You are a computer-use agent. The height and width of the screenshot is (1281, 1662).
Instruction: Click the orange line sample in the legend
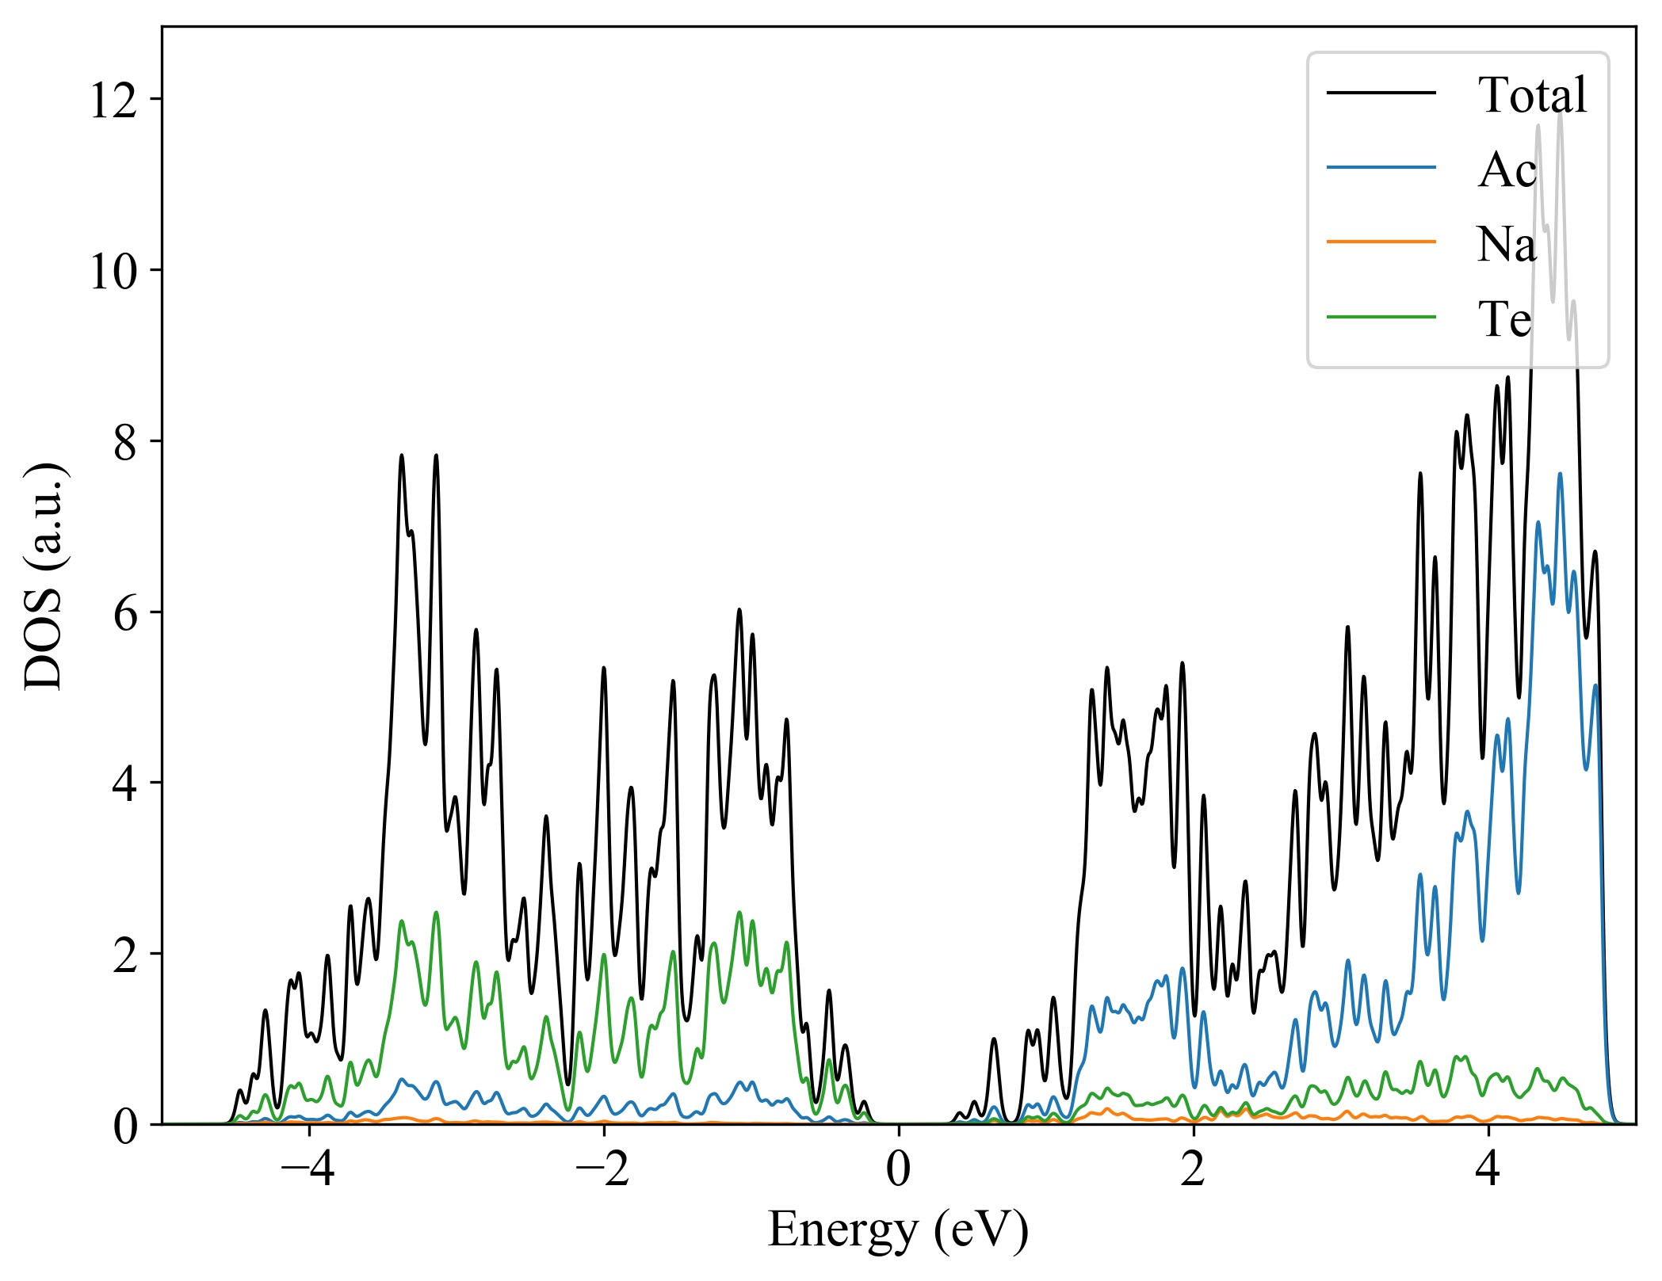click(1381, 241)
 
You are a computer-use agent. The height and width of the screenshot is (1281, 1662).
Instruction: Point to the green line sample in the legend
click(1381, 317)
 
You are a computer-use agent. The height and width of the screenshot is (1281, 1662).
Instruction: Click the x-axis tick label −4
click(308, 1169)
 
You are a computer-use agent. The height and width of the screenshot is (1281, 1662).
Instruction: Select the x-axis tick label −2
click(603, 1169)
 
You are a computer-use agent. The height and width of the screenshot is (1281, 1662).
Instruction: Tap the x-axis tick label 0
click(898, 1169)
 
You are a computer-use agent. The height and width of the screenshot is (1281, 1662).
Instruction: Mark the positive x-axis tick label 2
click(1193, 1169)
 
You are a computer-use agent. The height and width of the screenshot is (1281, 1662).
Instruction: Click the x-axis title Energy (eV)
click(898, 1230)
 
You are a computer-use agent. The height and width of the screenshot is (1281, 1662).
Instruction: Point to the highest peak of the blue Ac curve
click(1560, 475)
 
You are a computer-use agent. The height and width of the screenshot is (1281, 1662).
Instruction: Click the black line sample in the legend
click(1381, 93)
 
